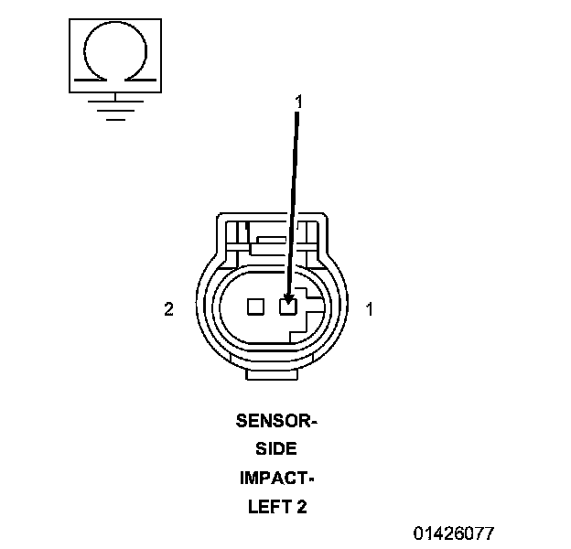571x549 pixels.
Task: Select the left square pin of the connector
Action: pos(256,307)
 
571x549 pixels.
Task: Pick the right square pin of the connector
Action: pos(288,307)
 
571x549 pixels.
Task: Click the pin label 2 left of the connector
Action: pos(168,309)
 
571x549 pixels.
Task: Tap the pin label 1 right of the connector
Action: pos(369,309)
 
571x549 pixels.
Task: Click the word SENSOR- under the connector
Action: pos(276,421)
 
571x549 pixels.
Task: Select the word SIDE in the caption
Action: pos(276,449)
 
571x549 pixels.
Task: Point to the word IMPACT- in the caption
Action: pos(276,478)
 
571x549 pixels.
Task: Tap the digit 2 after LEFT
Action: pos(302,506)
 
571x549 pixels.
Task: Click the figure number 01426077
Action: pos(454,533)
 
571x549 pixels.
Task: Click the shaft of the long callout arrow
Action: pos(293,201)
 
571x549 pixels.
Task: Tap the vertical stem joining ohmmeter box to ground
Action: pos(113,97)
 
